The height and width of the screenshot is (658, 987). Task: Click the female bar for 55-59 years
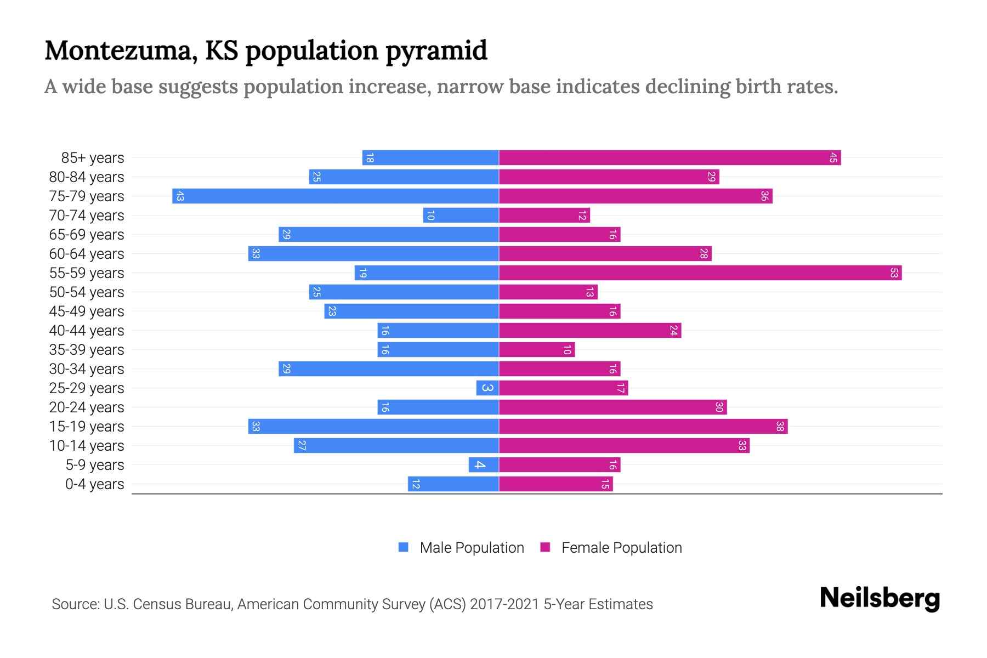(x=700, y=273)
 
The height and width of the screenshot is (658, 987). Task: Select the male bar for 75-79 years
(x=336, y=196)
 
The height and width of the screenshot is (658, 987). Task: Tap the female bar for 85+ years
(x=670, y=158)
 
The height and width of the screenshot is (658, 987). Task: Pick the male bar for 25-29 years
(x=487, y=388)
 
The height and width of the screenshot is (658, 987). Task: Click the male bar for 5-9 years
(x=484, y=464)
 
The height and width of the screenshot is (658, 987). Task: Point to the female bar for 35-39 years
(x=537, y=349)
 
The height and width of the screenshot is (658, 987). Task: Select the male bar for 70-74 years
(x=461, y=215)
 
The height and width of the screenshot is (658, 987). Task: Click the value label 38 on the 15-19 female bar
(x=780, y=426)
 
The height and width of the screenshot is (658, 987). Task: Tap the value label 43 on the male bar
(x=180, y=196)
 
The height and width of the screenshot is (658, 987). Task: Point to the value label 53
(x=894, y=273)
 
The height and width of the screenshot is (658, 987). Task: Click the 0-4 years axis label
(x=94, y=484)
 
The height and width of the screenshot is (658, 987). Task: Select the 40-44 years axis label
(x=87, y=331)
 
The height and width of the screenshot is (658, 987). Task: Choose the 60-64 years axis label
(x=87, y=254)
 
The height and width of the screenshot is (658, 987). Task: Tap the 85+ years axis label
(x=93, y=158)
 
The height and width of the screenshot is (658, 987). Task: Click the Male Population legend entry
(x=472, y=548)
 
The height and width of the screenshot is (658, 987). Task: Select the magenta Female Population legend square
(x=545, y=547)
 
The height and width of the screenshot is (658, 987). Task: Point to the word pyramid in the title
(x=436, y=51)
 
